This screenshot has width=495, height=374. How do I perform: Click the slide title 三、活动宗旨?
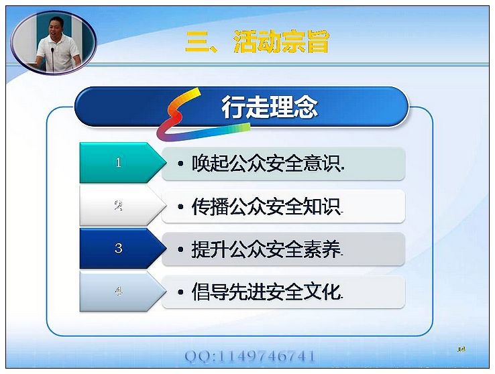tap(258, 42)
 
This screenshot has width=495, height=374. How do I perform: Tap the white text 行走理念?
tap(269, 107)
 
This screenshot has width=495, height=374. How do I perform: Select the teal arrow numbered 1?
tap(123, 163)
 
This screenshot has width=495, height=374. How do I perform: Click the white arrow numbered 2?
tap(123, 206)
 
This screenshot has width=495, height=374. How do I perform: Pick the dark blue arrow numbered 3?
tap(123, 249)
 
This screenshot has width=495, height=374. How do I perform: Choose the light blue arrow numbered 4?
tap(123, 292)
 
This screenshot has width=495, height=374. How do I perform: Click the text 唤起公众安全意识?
tap(266, 164)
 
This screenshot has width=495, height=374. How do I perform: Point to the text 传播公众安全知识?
tap(266, 206)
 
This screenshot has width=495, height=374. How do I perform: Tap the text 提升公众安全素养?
tap(266, 249)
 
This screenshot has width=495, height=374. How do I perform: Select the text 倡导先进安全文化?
tap(266, 292)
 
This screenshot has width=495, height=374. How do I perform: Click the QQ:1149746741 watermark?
tap(250, 357)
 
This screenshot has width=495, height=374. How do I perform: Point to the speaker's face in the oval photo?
tap(56, 27)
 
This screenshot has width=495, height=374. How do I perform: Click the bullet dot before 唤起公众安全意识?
tap(180, 164)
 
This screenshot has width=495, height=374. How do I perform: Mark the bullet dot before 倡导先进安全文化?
tap(180, 292)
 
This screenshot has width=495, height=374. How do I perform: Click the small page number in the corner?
tap(461, 349)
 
